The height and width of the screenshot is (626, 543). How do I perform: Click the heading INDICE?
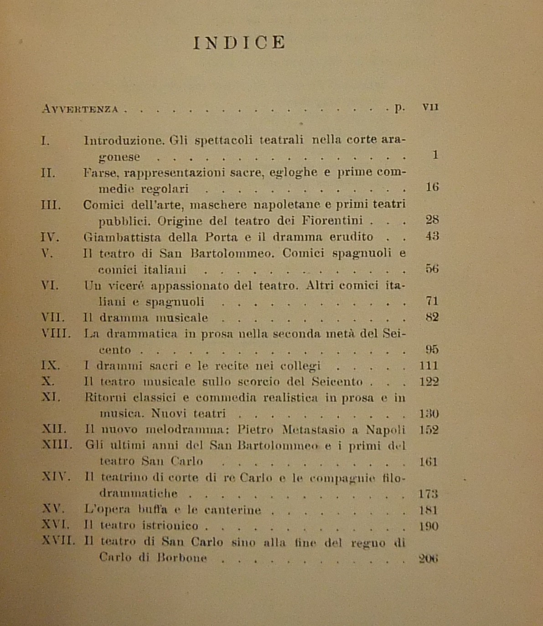coord(239,43)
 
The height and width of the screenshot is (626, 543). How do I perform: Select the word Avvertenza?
coord(80,109)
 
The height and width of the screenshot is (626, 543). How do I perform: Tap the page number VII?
coord(430,107)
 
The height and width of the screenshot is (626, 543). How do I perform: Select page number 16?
coord(432,187)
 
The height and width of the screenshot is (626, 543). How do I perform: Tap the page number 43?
coord(431,236)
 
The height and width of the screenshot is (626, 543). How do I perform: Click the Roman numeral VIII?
coord(56,333)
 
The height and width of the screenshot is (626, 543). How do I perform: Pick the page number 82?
coord(431,317)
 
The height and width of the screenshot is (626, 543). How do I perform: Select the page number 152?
coord(428,430)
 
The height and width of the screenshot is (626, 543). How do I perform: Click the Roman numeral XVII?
coord(58,541)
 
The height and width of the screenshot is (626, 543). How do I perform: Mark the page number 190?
coord(428,526)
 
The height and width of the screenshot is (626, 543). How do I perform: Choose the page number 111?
coord(428,366)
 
